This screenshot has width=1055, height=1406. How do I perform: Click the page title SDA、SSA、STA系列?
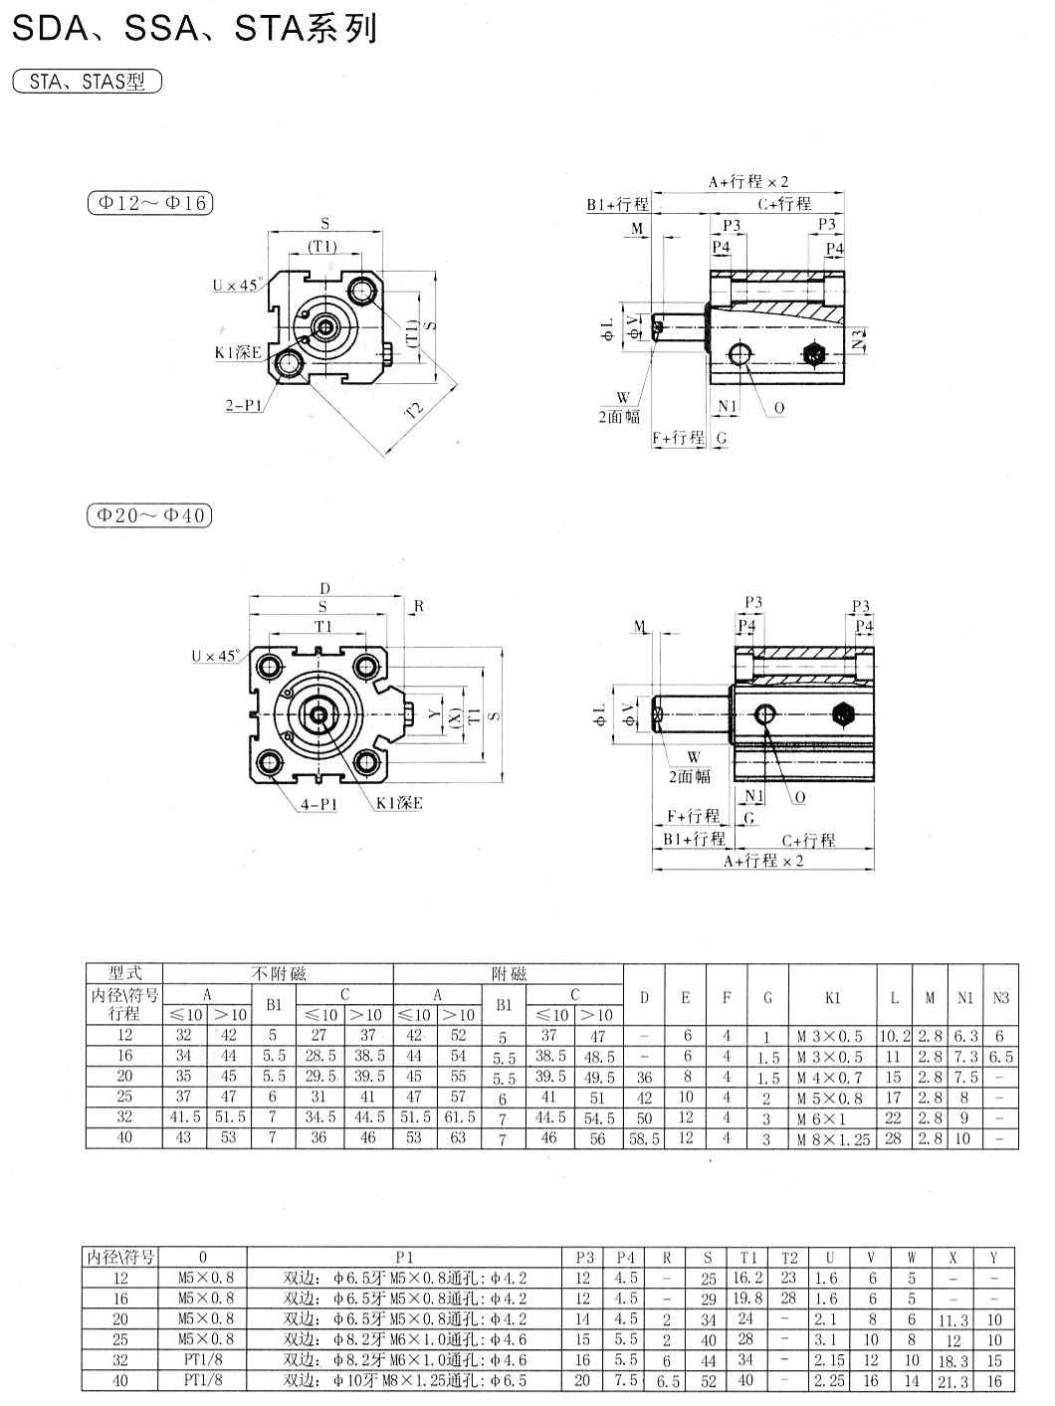(x=194, y=29)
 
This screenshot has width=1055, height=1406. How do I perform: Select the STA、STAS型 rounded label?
(x=88, y=82)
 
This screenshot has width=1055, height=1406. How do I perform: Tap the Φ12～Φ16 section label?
(x=149, y=203)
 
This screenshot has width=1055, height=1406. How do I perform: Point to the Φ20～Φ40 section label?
(x=149, y=515)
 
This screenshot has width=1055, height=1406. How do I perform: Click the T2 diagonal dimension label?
(x=414, y=410)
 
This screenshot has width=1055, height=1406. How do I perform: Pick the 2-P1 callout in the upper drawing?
(x=244, y=405)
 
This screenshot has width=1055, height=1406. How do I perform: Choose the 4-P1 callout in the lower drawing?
(x=319, y=804)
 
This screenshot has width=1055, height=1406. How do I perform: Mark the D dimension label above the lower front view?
(x=324, y=588)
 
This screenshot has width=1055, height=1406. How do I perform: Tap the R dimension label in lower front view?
(x=419, y=606)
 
